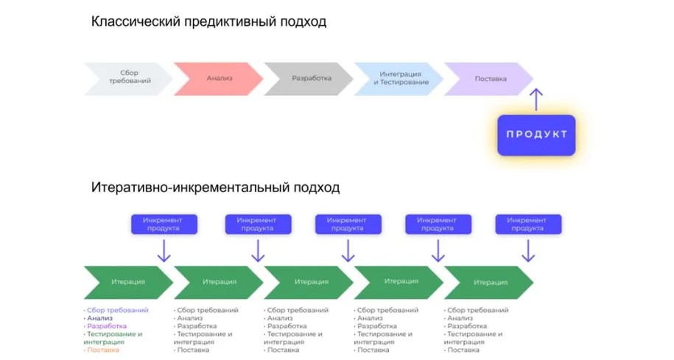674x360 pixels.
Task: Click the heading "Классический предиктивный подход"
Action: pyautogui.click(x=208, y=22)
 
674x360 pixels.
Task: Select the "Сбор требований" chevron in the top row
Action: pyautogui.click(x=128, y=78)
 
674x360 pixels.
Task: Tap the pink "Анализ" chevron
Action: pyautogui.click(x=219, y=78)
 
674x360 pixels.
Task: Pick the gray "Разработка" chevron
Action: pyautogui.click(x=310, y=78)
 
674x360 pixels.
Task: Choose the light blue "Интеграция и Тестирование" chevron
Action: pyautogui.click(x=400, y=78)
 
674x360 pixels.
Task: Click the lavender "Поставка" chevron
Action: pyautogui.click(x=490, y=78)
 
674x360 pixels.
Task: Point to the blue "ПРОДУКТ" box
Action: pyautogui.click(x=536, y=134)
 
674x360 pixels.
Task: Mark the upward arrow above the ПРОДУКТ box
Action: pyautogui.click(x=537, y=99)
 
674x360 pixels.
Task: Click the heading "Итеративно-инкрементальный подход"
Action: pyautogui.click(x=215, y=188)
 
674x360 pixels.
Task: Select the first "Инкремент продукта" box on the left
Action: pyautogui.click(x=164, y=225)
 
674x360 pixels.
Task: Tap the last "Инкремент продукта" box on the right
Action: pyautogui.click(x=528, y=225)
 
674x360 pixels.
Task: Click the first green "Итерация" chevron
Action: pyautogui.click(x=128, y=282)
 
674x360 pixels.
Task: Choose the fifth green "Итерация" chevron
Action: pyautogui.click(x=490, y=282)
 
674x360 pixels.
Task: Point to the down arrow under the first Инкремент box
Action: pyautogui.click(x=164, y=252)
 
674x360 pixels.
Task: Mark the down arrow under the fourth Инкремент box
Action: pyautogui.click(x=438, y=252)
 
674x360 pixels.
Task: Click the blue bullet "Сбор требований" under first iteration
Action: pyautogui.click(x=118, y=310)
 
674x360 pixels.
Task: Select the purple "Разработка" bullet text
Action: pyautogui.click(x=107, y=326)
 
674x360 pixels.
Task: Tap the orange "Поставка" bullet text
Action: pyautogui.click(x=103, y=350)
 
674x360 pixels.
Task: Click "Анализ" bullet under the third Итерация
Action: pyautogui.click(x=281, y=318)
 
